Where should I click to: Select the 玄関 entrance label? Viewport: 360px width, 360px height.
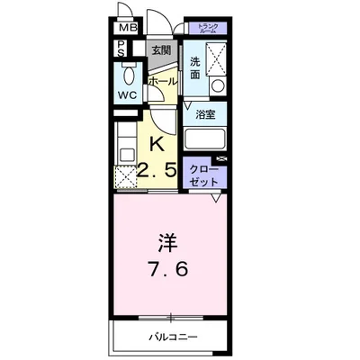pos(161,50)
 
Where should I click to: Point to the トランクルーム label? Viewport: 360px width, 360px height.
pos(205,29)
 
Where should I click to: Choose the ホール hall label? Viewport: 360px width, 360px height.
pos(162,81)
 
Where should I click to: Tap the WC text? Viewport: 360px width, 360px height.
pos(127,94)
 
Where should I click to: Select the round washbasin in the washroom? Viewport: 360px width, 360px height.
pos(216,85)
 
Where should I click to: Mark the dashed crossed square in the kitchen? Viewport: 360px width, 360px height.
pos(125,175)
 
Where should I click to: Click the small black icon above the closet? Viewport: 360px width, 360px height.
pos(222,159)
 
